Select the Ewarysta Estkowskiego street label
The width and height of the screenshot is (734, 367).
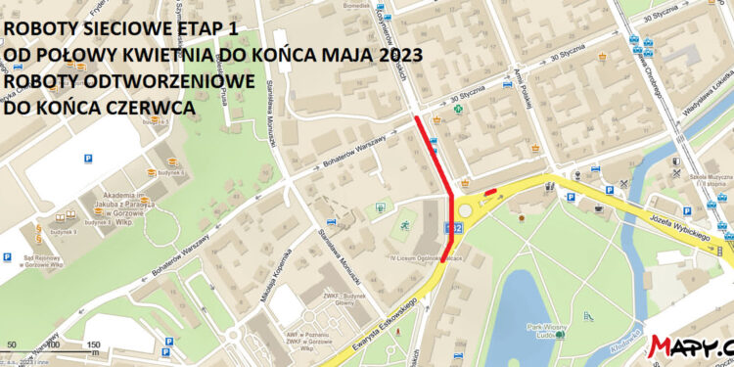click(x=383, y=338)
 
